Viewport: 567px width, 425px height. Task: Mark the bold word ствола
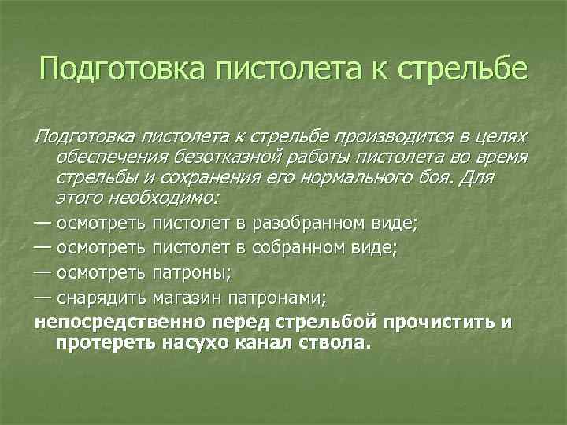click(x=335, y=343)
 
